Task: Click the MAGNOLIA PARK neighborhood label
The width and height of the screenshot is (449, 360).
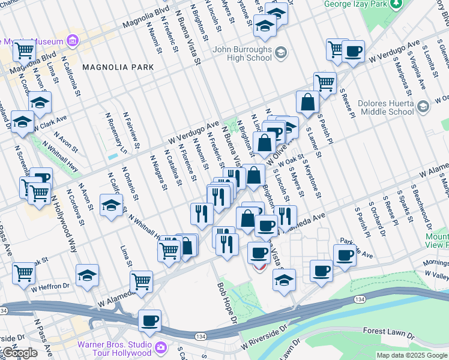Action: pos(118,67)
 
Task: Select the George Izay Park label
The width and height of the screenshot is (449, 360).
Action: pos(354,4)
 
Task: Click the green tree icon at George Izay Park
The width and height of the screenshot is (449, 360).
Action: pos(396,5)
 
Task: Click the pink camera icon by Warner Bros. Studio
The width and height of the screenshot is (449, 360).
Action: pos(160,347)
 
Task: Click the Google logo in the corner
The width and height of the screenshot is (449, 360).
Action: pos(19,353)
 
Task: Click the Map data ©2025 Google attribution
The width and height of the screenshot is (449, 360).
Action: pos(412,355)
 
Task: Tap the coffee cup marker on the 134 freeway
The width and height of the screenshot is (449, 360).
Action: pos(149,320)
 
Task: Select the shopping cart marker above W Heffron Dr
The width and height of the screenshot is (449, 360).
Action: pos(23,272)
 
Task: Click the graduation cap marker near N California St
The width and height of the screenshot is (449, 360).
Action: pos(111,205)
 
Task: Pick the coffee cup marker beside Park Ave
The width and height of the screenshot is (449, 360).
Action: pos(345,255)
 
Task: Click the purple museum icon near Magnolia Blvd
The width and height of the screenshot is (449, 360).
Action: pos(73,41)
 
